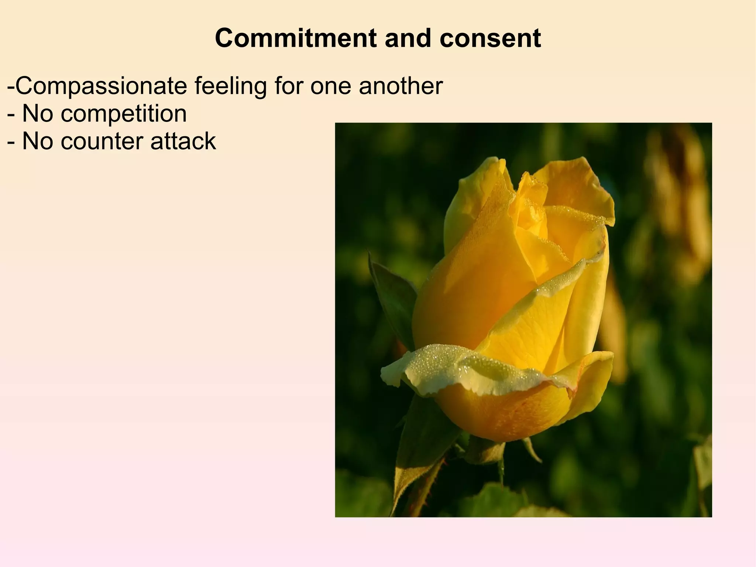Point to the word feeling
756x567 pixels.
[230, 86]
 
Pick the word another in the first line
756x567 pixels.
[401, 86]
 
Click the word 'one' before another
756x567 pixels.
[331, 86]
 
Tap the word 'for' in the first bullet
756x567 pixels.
[289, 86]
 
